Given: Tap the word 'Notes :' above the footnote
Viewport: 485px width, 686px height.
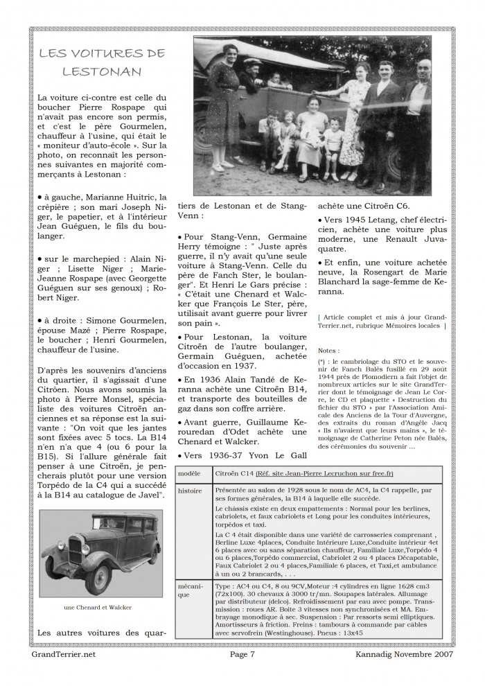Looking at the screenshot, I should (330, 351).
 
